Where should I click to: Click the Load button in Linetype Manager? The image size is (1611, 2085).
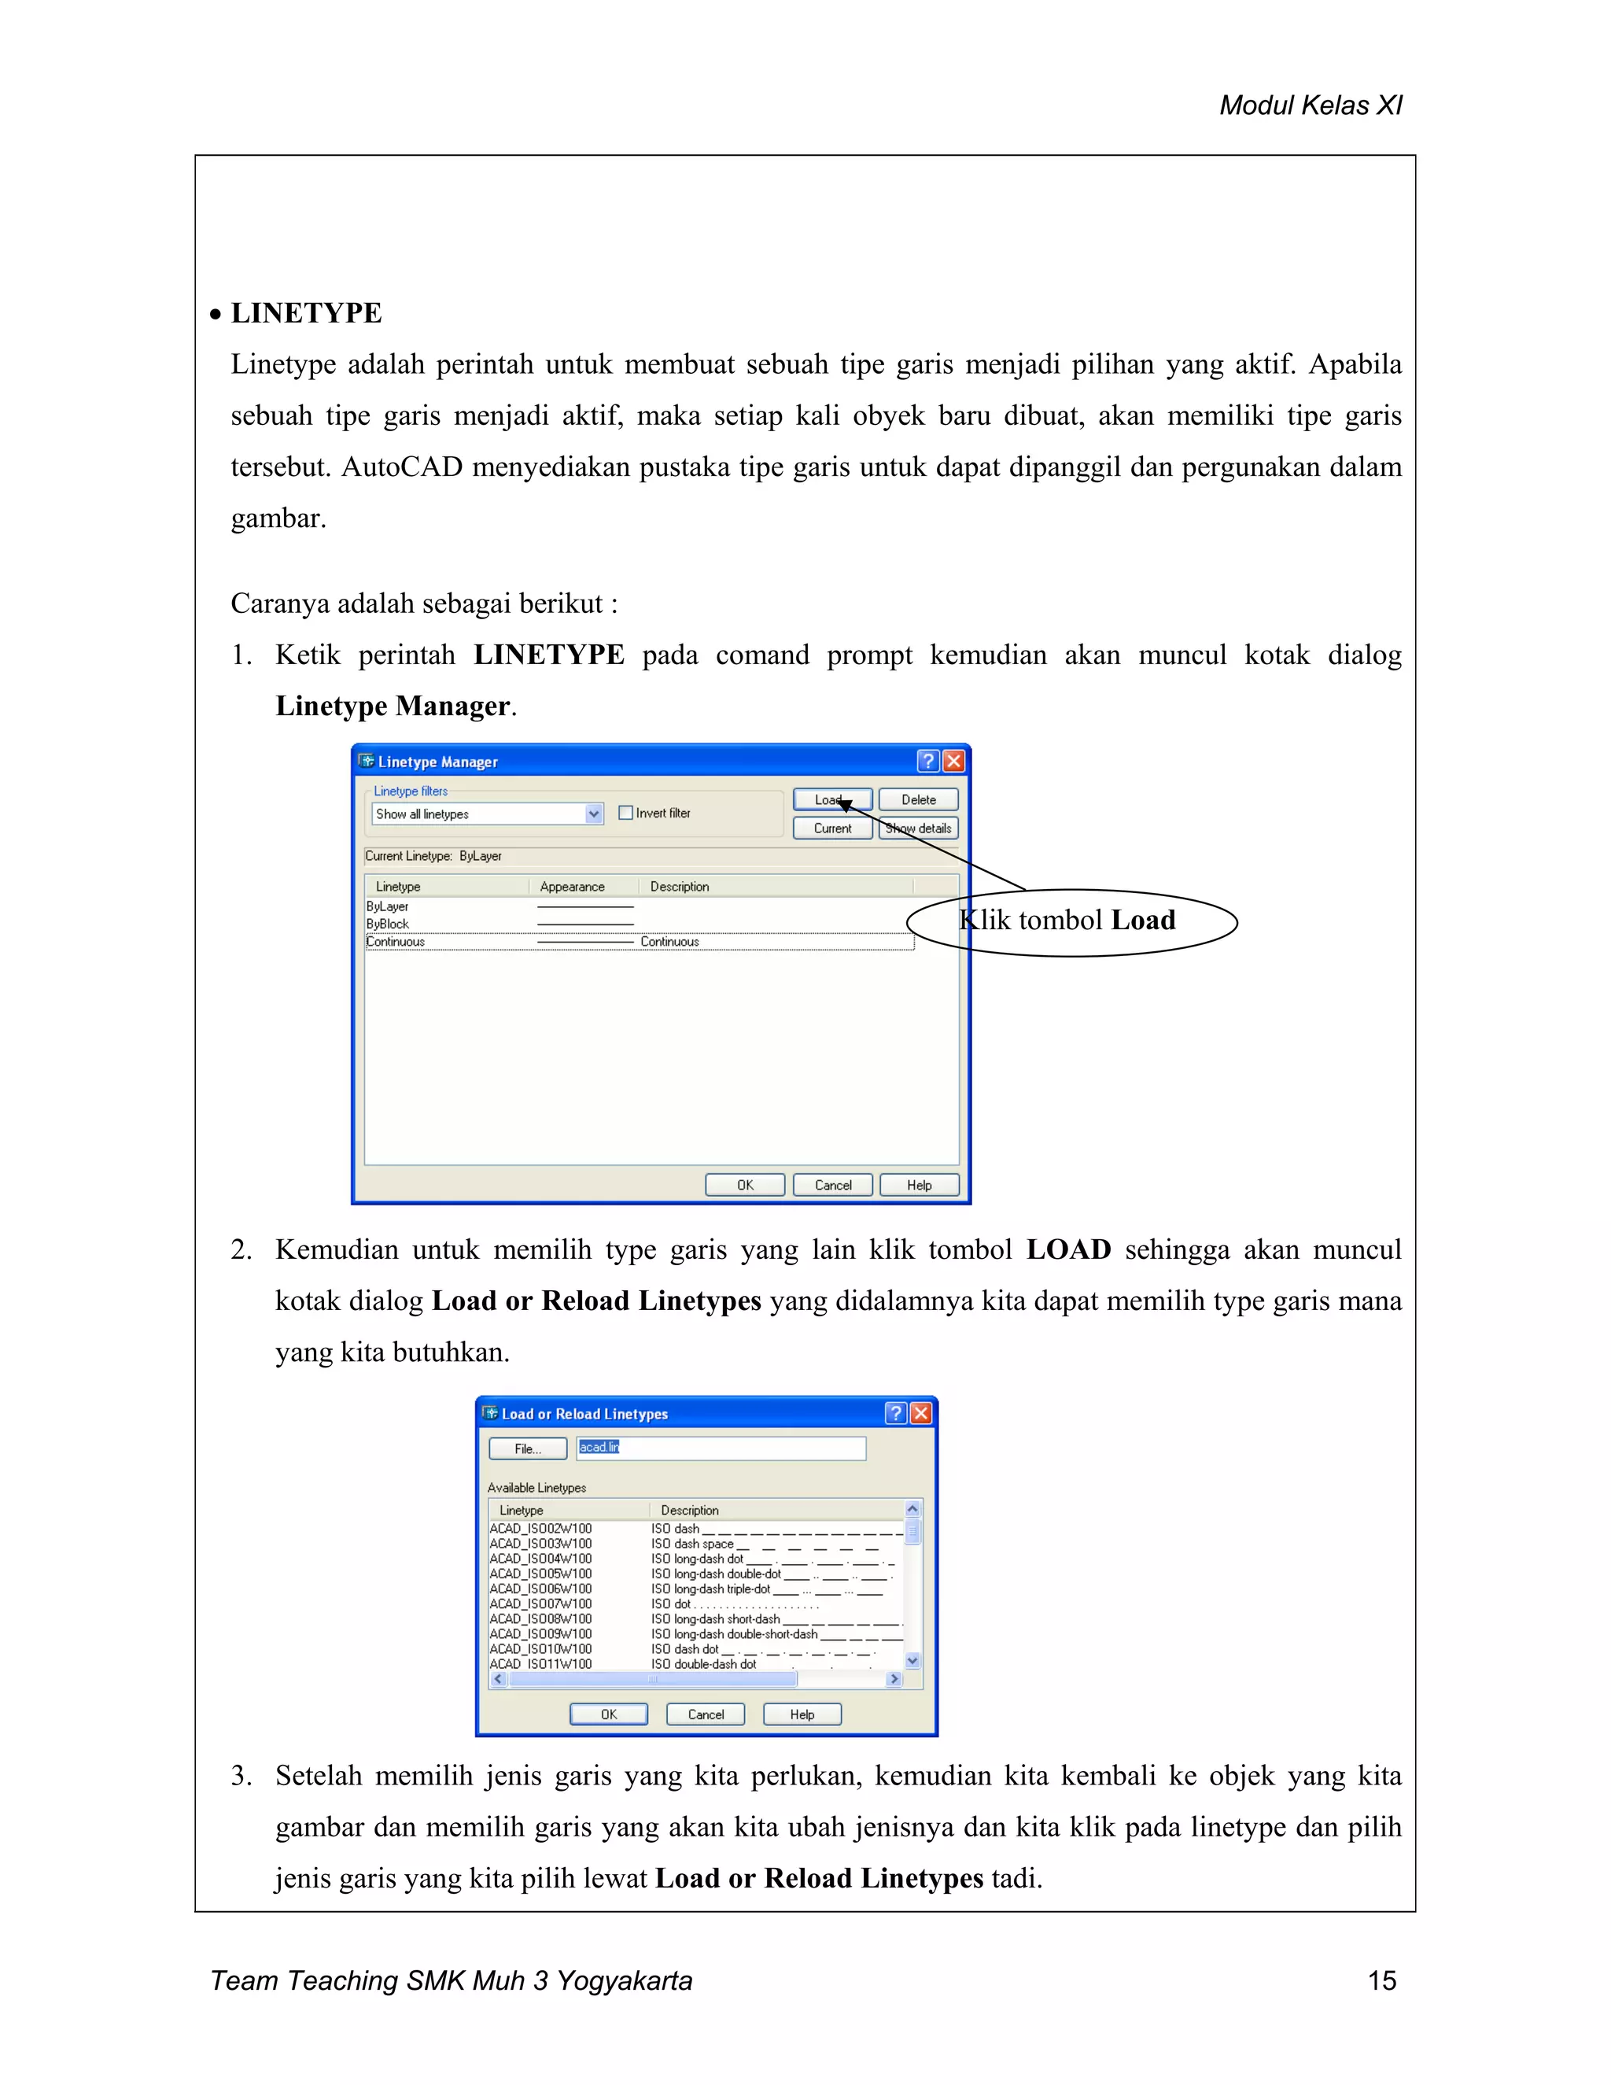[x=831, y=799]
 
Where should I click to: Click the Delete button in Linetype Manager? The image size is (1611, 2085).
[x=918, y=799]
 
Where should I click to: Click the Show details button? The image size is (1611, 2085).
[x=918, y=828]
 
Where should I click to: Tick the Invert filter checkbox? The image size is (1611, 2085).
[x=626, y=813]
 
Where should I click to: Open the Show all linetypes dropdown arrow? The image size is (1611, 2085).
[x=594, y=814]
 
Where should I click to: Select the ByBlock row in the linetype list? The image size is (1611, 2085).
[x=389, y=923]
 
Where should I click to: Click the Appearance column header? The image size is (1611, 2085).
[x=572, y=886]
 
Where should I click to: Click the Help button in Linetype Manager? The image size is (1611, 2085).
[x=918, y=1185]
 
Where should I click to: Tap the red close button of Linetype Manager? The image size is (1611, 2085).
[x=953, y=761]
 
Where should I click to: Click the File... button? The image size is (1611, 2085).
[x=528, y=1448]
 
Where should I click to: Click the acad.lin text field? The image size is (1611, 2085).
[x=721, y=1447]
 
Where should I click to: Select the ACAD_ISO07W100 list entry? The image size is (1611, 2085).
[x=540, y=1603]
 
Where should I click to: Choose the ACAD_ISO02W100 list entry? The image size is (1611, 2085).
[x=540, y=1529]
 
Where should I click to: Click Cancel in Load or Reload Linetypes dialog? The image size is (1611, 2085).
[x=706, y=1714]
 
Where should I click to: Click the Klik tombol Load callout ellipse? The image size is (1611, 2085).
[x=1071, y=921]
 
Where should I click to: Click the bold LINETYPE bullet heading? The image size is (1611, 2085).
[x=305, y=313]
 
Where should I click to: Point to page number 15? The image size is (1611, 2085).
[x=1381, y=1980]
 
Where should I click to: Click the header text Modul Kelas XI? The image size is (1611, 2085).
[x=1310, y=105]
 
